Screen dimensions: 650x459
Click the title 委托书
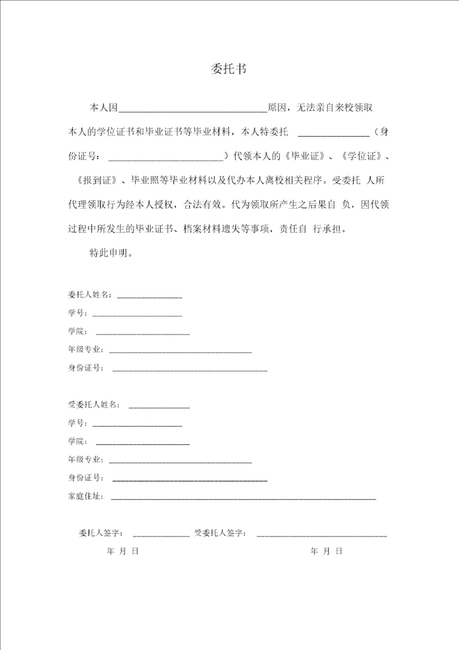[229, 69]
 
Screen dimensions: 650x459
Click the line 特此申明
[111, 252]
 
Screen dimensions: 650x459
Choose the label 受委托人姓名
[93, 405]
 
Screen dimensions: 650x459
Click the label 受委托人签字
[221, 533]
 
